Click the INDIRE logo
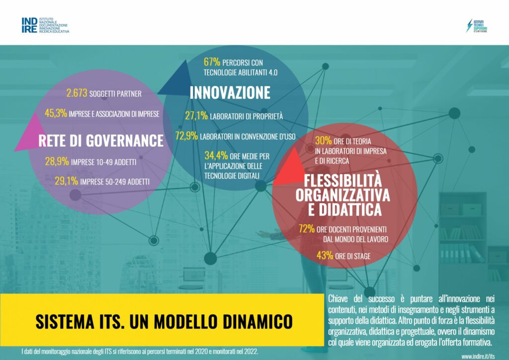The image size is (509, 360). pos(45,25)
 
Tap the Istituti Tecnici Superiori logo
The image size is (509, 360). pos(477,26)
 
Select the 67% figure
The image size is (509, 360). pos(212,62)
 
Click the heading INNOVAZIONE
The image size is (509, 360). pos(230,92)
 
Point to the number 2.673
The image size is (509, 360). pos(77,93)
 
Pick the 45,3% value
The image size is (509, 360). pos(56,113)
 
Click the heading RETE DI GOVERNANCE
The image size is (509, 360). pos(101,141)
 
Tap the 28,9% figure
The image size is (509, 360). pos(57,161)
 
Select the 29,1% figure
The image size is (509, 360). pos(66,181)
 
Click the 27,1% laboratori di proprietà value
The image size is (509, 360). pos(196,115)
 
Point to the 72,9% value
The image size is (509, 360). pos(186,136)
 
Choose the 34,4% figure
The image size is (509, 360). pos(216,156)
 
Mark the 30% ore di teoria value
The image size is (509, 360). pos(323,141)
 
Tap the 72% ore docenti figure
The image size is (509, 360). pos(307,229)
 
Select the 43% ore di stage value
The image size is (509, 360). pos(325,256)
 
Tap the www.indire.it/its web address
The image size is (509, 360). pos(478,356)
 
